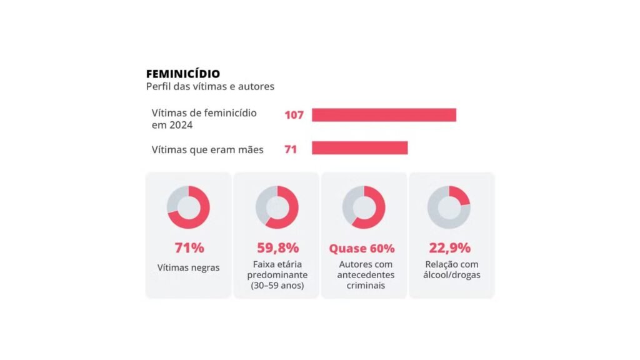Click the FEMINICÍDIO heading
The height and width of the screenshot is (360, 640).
(182, 74)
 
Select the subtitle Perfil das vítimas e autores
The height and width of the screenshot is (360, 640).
(210, 87)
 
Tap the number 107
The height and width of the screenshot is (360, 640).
(294, 115)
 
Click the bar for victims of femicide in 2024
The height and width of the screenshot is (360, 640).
(384, 115)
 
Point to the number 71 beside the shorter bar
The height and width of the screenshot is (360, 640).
(290, 149)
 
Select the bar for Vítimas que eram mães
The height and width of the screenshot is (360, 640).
(359, 148)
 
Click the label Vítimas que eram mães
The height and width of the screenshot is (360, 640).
(207, 149)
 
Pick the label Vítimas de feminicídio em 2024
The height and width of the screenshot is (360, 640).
(204, 119)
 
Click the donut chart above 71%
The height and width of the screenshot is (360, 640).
(188, 207)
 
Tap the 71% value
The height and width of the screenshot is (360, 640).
(189, 247)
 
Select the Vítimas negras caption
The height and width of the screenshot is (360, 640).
(189, 267)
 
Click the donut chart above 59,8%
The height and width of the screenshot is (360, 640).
(277, 207)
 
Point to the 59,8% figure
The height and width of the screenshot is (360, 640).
(277, 247)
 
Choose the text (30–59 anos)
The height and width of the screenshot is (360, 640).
(277, 286)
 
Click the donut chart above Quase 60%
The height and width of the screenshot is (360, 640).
(364, 207)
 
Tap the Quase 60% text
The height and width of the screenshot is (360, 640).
(362, 248)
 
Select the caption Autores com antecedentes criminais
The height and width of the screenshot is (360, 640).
(365, 275)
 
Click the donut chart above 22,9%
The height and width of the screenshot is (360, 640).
(449, 207)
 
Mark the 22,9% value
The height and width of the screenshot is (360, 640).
(449, 247)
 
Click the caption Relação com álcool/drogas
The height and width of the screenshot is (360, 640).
(451, 269)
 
